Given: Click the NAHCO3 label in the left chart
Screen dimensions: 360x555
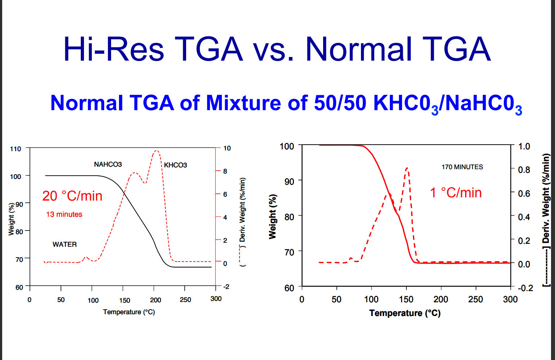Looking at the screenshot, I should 108,164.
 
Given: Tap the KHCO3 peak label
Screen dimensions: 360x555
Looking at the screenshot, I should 175,165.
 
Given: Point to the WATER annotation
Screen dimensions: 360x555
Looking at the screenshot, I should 65,245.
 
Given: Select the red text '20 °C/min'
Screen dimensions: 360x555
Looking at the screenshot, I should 72,196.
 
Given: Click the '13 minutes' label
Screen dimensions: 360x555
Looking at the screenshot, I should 64,214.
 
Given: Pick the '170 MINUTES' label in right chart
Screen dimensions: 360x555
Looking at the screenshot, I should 462,167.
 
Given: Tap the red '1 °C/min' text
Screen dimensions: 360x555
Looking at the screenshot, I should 456,193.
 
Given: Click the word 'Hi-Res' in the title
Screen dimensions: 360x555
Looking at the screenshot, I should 113,49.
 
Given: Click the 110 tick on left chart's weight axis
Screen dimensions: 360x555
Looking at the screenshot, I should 16,149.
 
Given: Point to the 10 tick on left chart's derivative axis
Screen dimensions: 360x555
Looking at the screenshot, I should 227,148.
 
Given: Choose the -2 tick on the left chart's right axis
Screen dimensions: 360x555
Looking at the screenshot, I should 226,287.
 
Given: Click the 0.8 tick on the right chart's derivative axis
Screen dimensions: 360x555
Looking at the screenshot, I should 524,170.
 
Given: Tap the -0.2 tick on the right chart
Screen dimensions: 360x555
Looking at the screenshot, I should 525,288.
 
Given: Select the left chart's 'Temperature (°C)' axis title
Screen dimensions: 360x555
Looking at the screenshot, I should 129,312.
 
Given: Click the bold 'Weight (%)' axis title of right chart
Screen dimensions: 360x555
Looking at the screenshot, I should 273,216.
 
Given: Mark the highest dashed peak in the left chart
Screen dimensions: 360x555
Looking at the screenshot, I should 156,151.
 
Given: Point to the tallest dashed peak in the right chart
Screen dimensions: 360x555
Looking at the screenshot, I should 407,168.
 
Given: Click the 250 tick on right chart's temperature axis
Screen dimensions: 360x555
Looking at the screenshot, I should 475,299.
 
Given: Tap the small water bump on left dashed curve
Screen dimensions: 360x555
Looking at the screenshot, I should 86,258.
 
